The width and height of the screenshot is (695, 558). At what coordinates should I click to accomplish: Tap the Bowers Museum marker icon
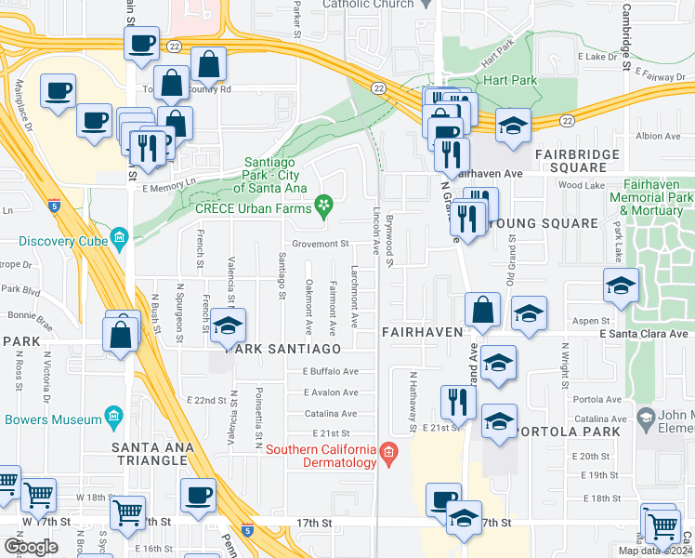(x=114, y=414)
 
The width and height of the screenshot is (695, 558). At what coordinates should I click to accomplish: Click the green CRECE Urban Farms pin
(x=323, y=206)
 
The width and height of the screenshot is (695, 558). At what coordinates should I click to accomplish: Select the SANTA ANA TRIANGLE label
(x=166, y=447)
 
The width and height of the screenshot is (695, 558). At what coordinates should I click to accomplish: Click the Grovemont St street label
(x=319, y=244)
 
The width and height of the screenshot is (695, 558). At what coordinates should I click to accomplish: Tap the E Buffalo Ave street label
(x=331, y=371)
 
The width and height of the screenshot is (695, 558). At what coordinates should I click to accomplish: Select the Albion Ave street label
(x=658, y=136)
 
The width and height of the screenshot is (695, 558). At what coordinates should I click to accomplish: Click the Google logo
(x=32, y=547)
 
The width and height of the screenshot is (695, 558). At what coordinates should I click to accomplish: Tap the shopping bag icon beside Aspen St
(x=482, y=310)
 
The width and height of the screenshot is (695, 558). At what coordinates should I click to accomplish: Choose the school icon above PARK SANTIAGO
(x=226, y=325)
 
